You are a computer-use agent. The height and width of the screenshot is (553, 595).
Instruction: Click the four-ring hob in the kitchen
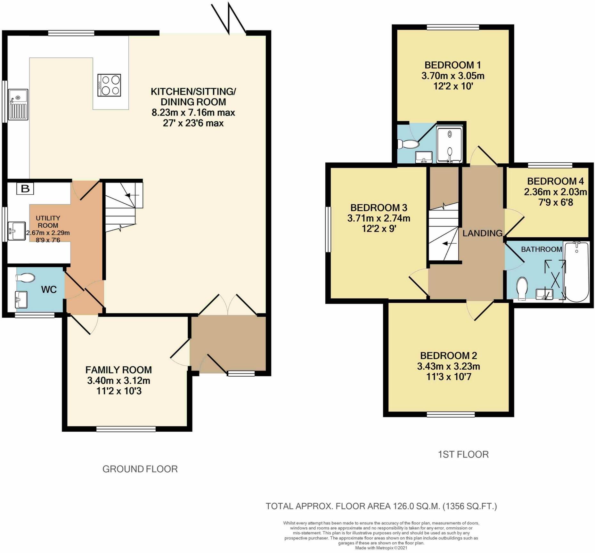pyautogui.click(x=109, y=85)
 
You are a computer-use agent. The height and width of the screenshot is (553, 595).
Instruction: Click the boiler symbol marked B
pyautogui.click(x=25, y=189)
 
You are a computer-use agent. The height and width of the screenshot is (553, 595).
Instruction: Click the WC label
pyautogui.click(x=49, y=290)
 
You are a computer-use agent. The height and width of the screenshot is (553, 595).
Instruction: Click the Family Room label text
pyautogui.click(x=118, y=370)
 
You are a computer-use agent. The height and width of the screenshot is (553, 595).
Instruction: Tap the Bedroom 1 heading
pyautogui.click(x=452, y=65)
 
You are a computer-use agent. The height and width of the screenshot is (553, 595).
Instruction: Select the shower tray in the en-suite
pyautogui.click(x=450, y=145)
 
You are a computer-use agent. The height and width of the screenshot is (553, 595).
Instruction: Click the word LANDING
pyautogui.click(x=482, y=233)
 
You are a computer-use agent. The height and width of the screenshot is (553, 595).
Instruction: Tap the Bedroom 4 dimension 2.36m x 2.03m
pyautogui.click(x=555, y=192)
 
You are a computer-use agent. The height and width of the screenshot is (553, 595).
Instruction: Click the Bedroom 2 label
pyautogui.click(x=448, y=356)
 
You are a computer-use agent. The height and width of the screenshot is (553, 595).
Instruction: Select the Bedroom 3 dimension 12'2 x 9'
pyautogui.click(x=379, y=229)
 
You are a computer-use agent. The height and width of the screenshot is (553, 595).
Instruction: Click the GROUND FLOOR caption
pyautogui.click(x=140, y=469)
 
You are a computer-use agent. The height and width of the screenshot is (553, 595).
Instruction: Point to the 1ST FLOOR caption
pyautogui.click(x=463, y=454)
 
